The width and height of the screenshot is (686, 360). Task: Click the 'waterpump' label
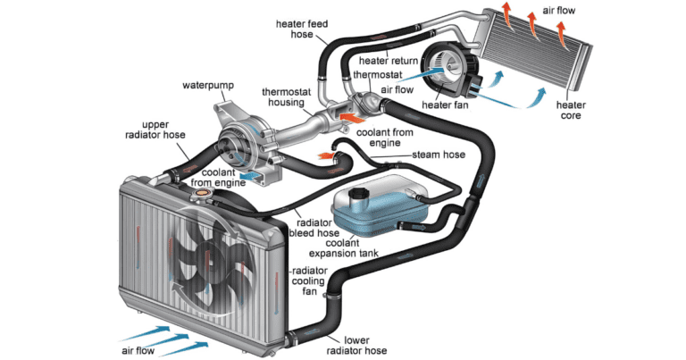[x=208, y=86]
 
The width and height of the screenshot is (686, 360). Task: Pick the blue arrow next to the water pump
[x=252, y=176]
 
